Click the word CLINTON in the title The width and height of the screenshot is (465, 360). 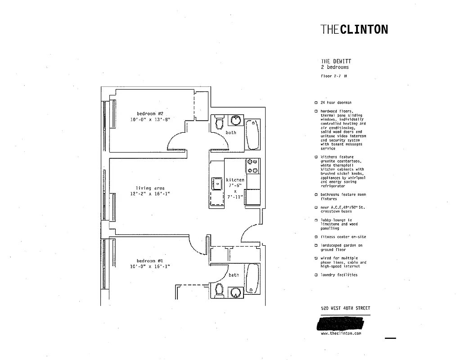(364, 30)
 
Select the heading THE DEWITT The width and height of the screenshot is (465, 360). (336, 61)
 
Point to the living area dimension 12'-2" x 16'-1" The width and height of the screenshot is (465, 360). (150, 194)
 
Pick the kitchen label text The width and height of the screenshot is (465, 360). (235, 180)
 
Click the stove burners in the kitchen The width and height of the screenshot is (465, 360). (253, 166)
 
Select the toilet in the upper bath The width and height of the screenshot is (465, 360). (220, 121)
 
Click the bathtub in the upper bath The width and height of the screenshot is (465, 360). (253, 134)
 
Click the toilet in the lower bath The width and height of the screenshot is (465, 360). (219, 290)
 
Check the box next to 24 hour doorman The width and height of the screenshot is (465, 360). (316, 103)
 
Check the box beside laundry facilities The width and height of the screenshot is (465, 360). (316, 274)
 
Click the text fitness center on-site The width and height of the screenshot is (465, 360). (343, 237)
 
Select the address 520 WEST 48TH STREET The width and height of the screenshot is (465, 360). (345, 308)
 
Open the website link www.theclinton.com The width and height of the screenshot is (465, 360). (341, 333)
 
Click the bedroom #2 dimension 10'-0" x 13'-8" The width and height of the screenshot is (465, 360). (150, 120)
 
